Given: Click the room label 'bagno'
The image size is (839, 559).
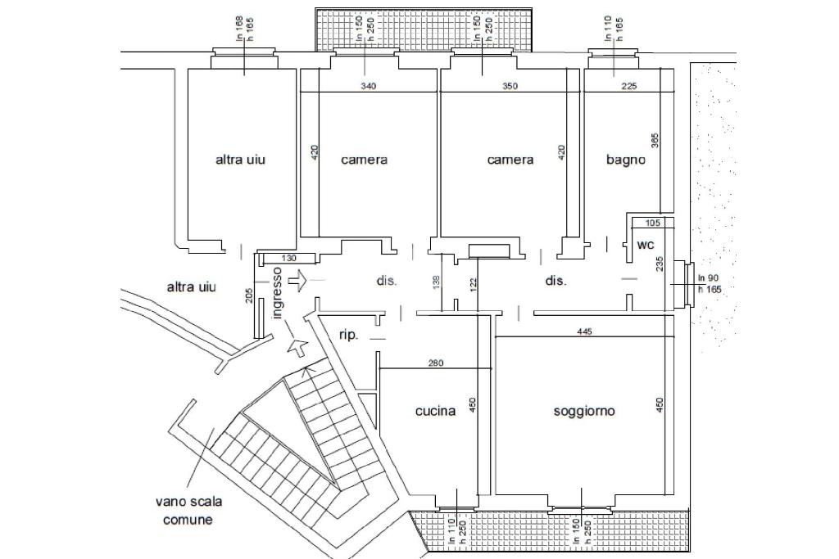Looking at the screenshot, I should (x=625, y=160).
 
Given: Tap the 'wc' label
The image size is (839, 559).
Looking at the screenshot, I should (x=645, y=245).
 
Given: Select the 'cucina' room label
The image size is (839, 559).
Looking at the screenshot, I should (x=435, y=411).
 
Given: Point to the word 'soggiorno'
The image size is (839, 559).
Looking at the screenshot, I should (x=584, y=411).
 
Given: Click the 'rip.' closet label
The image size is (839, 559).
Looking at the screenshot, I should (x=348, y=335).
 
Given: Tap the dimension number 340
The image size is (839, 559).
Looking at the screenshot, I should (x=369, y=86).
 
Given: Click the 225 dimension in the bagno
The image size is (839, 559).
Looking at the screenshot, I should (x=629, y=86).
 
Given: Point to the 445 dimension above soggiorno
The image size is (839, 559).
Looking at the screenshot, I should (x=584, y=331).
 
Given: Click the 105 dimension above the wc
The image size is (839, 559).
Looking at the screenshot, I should (x=653, y=223).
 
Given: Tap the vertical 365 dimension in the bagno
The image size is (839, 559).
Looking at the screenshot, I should (x=655, y=141).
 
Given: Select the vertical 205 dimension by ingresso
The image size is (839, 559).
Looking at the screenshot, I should (x=249, y=295).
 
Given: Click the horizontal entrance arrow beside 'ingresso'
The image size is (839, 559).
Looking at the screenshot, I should (x=299, y=281).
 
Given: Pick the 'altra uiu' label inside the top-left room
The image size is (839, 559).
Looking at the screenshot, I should (x=240, y=160).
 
